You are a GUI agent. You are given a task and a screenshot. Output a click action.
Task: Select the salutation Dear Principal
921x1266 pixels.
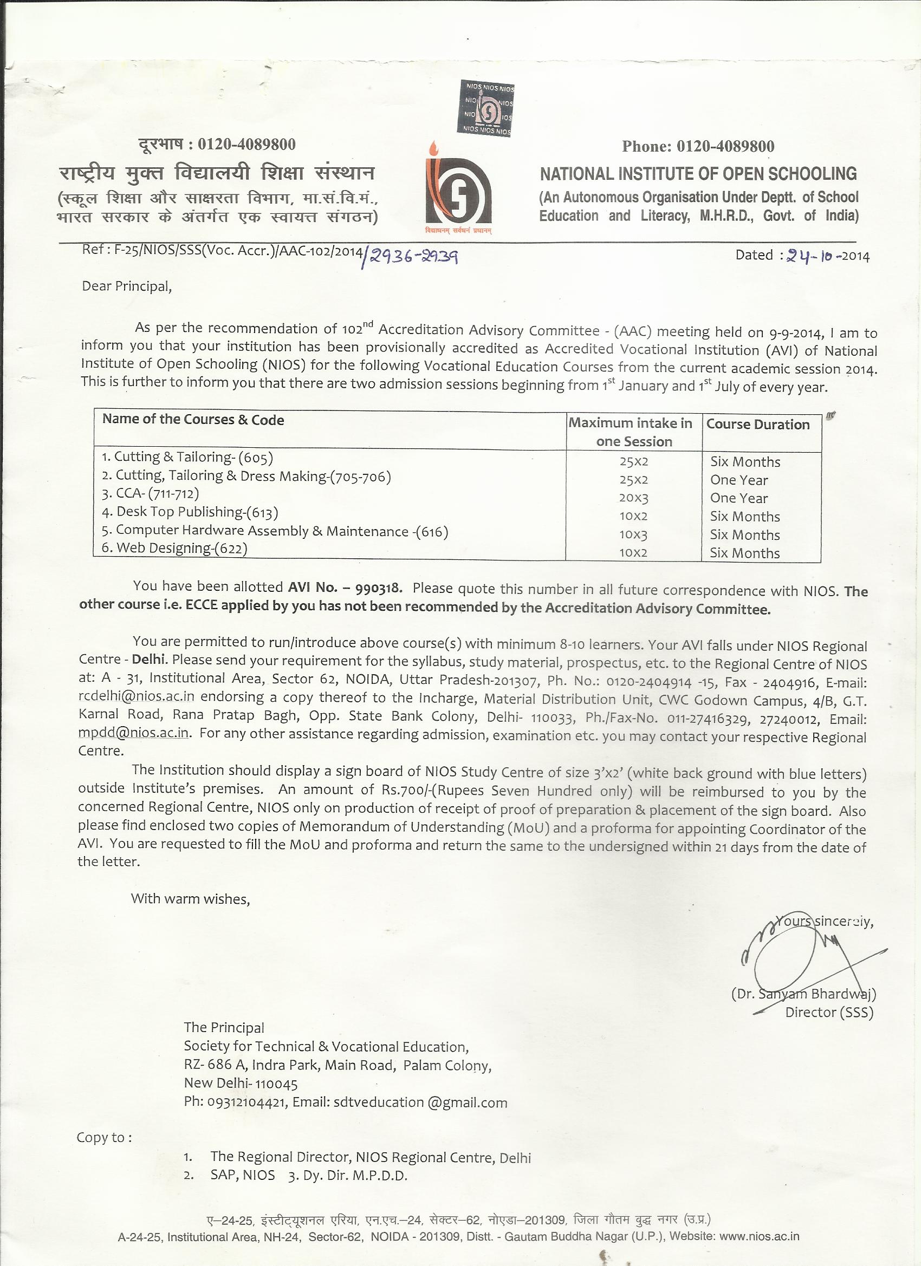(127, 286)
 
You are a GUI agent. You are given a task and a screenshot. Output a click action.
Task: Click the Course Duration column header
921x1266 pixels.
(757, 424)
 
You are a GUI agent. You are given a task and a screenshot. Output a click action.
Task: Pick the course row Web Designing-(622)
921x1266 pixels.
(174, 548)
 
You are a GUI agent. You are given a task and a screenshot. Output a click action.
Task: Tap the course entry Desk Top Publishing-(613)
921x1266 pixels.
(190, 512)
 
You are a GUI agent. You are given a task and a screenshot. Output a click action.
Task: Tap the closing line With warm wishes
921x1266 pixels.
(190, 899)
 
